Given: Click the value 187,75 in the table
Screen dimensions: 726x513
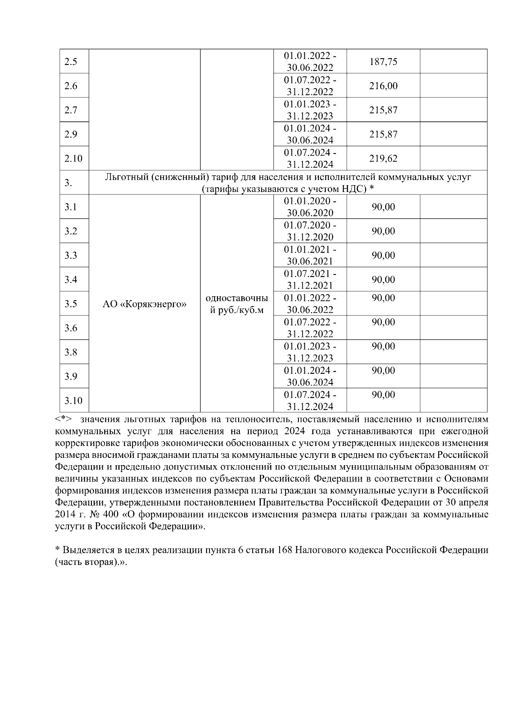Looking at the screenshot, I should (x=383, y=62).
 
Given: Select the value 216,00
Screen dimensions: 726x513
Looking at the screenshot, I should (x=383, y=86).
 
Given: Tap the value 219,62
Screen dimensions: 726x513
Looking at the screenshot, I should (x=383, y=159).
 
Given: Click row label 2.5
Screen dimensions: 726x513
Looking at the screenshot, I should (x=71, y=62).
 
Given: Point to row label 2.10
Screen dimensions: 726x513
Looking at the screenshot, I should (x=73, y=159).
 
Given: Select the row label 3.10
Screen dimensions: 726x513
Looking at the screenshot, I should (x=73, y=401).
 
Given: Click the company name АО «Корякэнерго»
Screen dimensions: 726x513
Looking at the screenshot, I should (x=144, y=304).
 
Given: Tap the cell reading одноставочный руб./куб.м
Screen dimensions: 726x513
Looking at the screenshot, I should (x=237, y=304).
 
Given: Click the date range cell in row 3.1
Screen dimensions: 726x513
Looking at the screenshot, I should (x=310, y=207).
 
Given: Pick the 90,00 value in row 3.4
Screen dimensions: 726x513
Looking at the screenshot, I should (x=383, y=280).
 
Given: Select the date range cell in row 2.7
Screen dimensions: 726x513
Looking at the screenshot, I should (x=310, y=110).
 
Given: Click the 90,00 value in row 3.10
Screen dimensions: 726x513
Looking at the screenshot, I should (x=383, y=395).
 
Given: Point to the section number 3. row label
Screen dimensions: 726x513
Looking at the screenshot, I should (x=68, y=183).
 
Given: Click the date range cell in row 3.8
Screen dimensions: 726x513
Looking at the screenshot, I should (x=310, y=352).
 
